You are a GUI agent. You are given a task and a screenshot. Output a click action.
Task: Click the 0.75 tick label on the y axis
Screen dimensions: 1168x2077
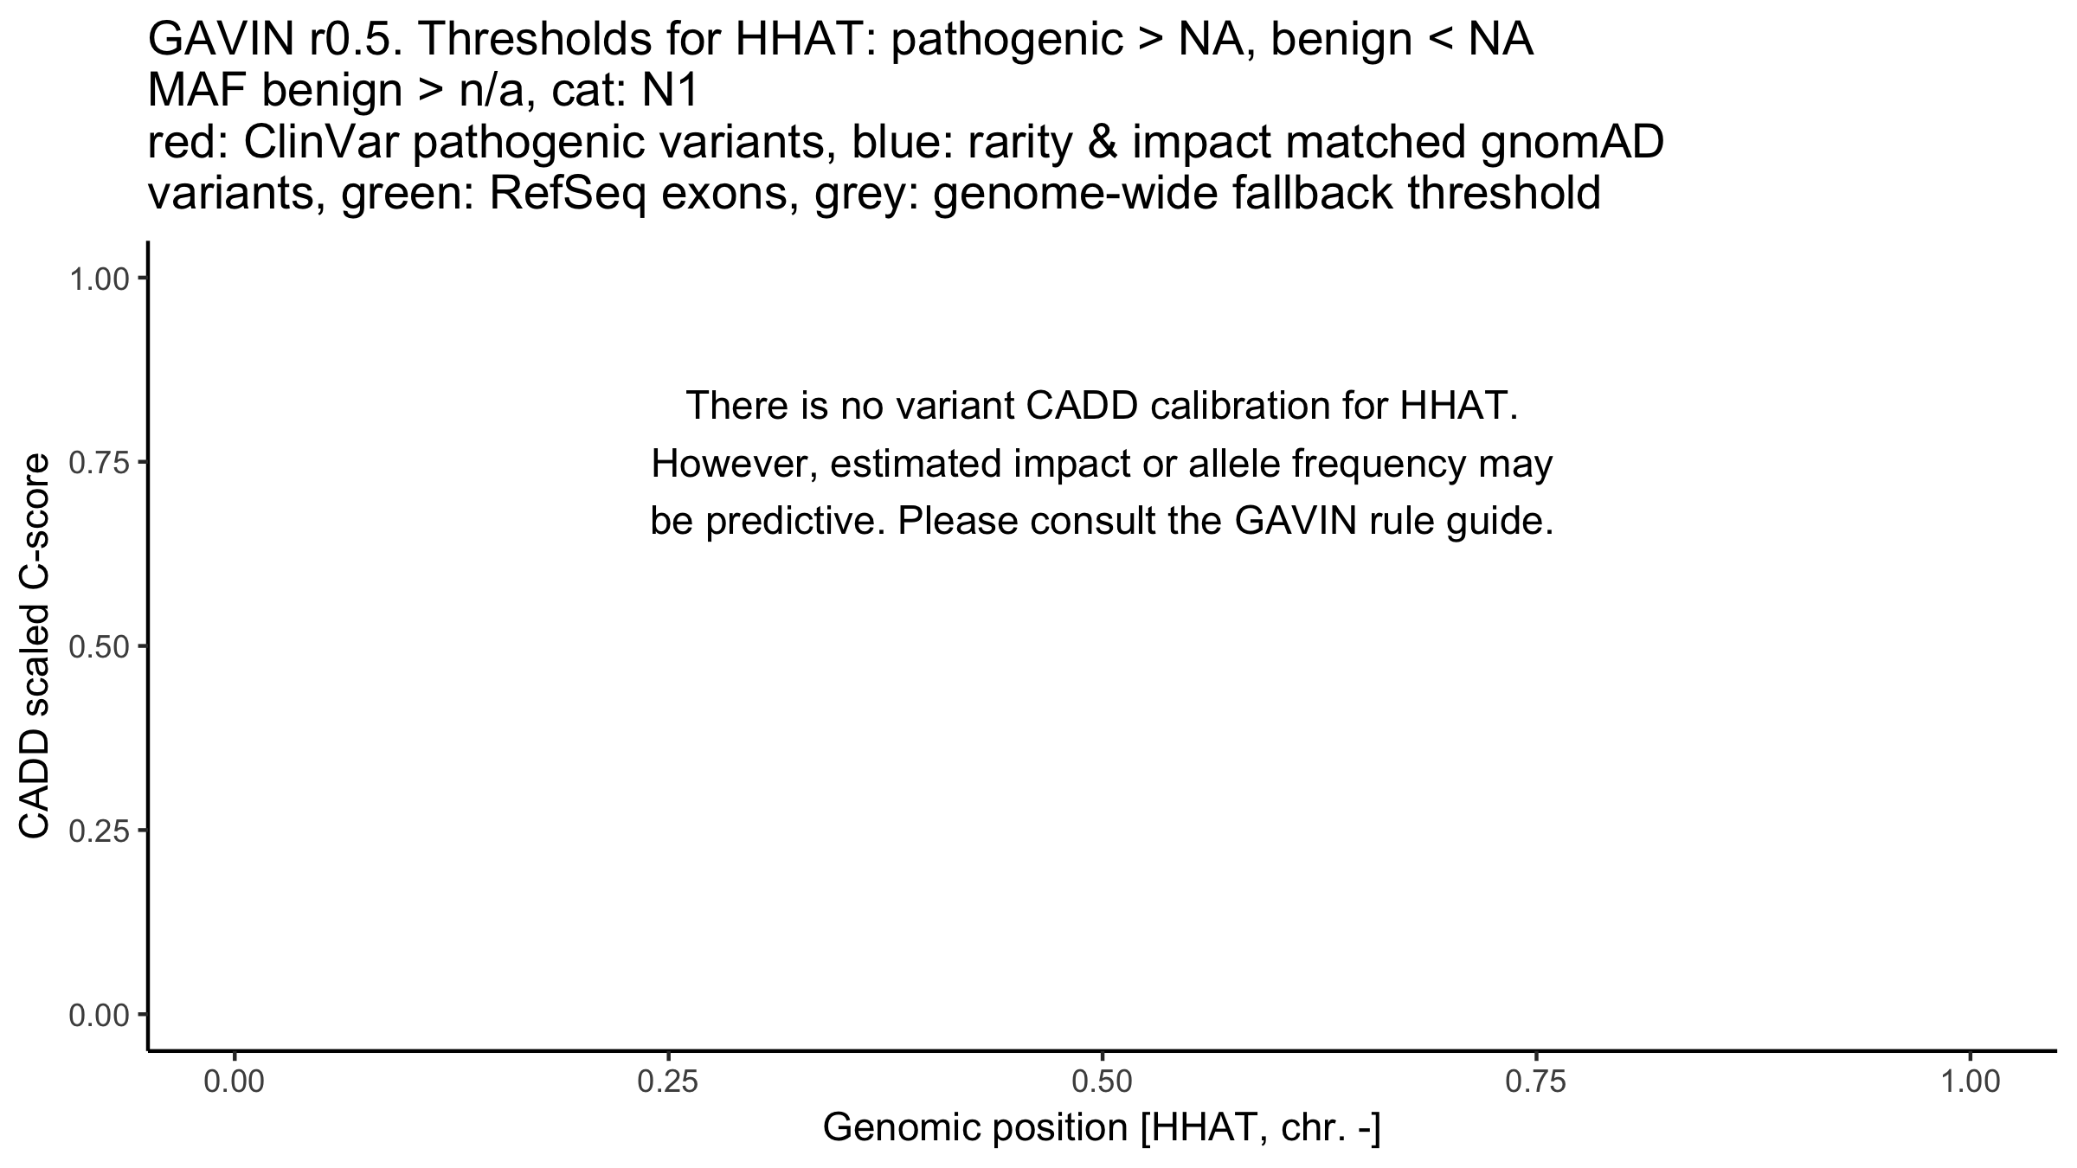[100, 463]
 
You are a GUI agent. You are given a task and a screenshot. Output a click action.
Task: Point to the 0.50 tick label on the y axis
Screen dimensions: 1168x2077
[100, 647]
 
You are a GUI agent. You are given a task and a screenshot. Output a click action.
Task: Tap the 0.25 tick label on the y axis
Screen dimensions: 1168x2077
[100, 831]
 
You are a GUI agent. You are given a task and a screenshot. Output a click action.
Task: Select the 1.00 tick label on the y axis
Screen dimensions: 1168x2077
[100, 279]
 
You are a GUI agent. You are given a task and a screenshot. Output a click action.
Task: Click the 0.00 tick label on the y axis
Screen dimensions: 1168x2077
[100, 1015]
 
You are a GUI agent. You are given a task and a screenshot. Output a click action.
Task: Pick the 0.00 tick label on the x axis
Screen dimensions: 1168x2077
[235, 1082]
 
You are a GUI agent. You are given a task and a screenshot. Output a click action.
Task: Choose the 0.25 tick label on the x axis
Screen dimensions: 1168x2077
[668, 1082]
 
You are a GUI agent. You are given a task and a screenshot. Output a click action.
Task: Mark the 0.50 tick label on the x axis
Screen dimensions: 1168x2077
[1102, 1082]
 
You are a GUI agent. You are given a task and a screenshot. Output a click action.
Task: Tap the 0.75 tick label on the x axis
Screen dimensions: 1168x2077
[1535, 1082]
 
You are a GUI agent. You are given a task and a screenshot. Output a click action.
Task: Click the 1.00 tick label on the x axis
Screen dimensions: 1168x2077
[1970, 1082]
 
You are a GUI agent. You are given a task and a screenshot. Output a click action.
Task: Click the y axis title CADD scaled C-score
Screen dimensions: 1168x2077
[35, 646]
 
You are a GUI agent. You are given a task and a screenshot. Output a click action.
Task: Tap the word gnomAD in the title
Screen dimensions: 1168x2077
[1572, 144]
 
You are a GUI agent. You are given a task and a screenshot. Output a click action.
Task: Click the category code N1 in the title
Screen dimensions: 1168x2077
[670, 92]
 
